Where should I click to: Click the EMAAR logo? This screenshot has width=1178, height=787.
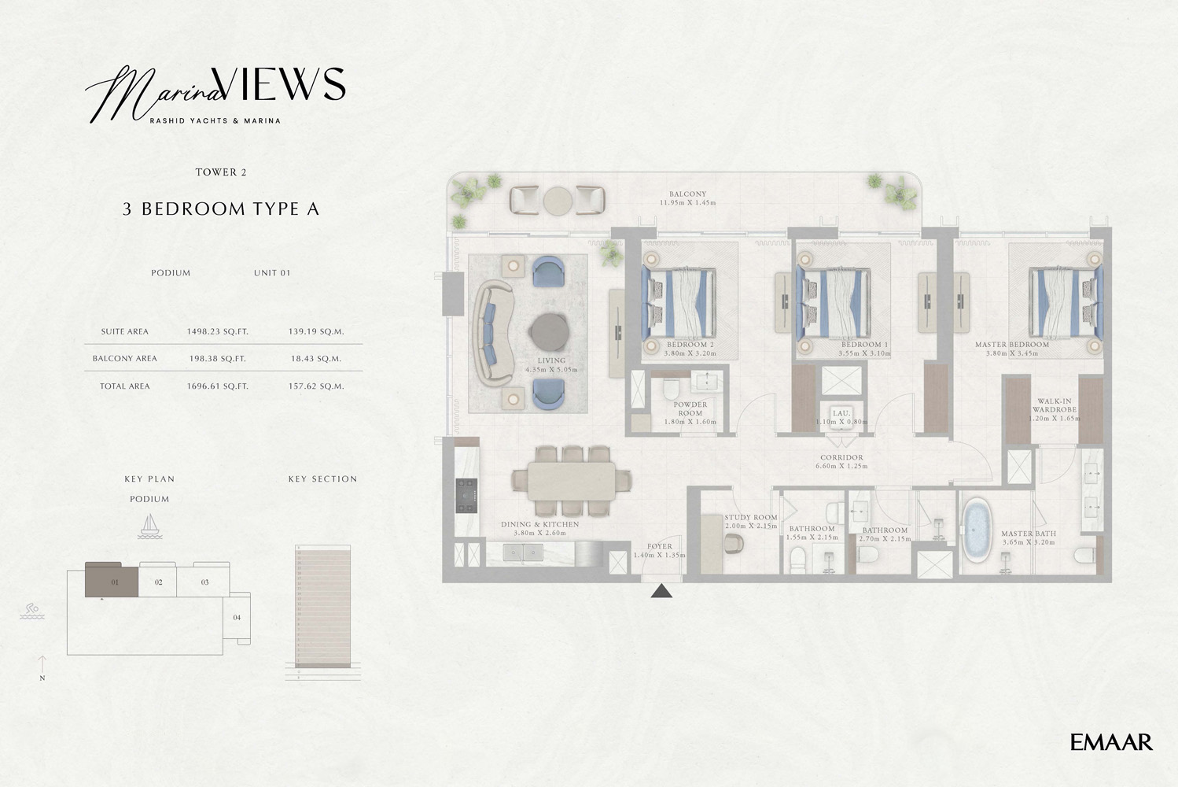pyautogui.click(x=1111, y=741)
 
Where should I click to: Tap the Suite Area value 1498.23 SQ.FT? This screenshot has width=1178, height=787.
pyautogui.click(x=217, y=331)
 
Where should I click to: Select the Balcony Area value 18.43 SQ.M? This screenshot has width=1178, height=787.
pyautogui.click(x=315, y=358)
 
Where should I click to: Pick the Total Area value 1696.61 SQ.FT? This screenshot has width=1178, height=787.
pyautogui.click(x=217, y=386)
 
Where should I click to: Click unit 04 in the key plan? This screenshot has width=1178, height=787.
pyautogui.click(x=237, y=618)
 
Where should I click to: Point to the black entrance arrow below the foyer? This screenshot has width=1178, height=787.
pyautogui.click(x=661, y=591)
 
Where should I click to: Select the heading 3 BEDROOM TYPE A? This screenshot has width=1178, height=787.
pyautogui.click(x=221, y=209)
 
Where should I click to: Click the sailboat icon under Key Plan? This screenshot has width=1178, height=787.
pyautogui.click(x=149, y=527)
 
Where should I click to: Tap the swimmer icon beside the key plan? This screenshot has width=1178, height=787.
pyautogui.click(x=31, y=611)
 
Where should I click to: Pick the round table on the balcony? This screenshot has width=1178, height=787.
pyautogui.click(x=558, y=200)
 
